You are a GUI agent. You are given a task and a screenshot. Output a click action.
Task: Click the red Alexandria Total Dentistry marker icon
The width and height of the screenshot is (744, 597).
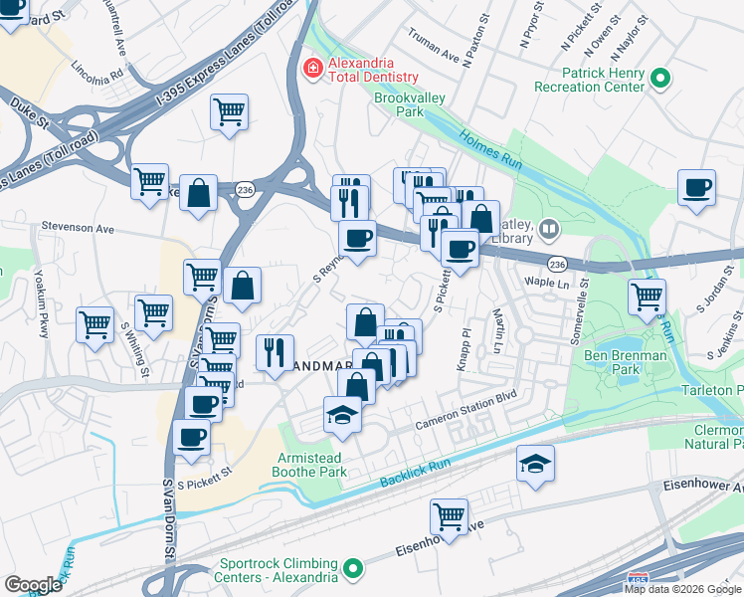point(312,68)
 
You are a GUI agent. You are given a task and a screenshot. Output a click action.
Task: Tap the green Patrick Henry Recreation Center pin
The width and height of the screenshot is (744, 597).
point(658,79)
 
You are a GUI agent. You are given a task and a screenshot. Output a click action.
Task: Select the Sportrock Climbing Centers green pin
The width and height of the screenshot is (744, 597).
point(351,569)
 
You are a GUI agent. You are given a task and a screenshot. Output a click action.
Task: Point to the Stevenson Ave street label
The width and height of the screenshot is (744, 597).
point(78,229)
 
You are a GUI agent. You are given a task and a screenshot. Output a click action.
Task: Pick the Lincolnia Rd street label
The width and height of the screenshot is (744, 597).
point(97,72)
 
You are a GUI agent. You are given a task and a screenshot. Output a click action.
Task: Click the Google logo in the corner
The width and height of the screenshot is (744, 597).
point(33,584)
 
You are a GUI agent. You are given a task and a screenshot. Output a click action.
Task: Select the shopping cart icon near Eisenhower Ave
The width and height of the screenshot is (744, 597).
point(449,515)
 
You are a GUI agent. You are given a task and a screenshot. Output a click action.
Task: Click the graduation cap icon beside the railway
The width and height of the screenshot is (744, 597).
point(535,463)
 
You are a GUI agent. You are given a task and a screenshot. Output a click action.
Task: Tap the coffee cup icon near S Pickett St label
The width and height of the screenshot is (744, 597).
point(192,436)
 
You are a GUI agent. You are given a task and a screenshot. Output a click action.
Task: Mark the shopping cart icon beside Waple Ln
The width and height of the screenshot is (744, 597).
point(647,295)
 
